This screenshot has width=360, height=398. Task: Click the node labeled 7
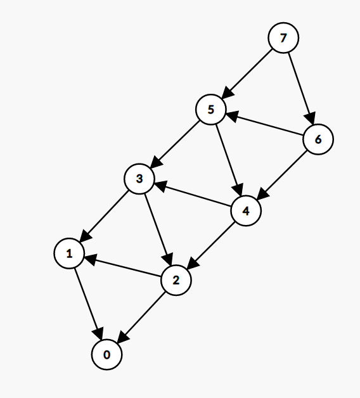pyautogui.click(x=283, y=38)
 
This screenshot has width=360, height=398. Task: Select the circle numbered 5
pyautogui.click(x=210, y=110)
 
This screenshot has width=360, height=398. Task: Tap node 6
pyautogui.click(x=318, y=139)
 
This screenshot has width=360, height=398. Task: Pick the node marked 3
pyautogui.click(x=139, y=179)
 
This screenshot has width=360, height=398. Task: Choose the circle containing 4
pyautogui.click(x=246, y=210)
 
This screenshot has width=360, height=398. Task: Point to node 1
pyautogui.click(x=69, y=253)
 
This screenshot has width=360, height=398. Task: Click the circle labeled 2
pyautogui.click(x=176, y=280)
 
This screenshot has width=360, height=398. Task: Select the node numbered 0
pyautogui.click(x=107, y=354)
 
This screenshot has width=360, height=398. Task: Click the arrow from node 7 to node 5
pyautogui.click(x=247, y=74)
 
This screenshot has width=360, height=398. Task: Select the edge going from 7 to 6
pyautogui.click(x=301, y=88)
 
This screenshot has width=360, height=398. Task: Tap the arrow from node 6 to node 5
pyautogui.click(x=264, y=124)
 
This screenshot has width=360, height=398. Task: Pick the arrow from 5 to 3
pyautogui.click(x=175, y=144)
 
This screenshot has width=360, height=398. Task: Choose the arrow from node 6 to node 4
pyautogui.click(x=282, y=175)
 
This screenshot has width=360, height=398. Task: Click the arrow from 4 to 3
pyautogui.click(x=193, y=195)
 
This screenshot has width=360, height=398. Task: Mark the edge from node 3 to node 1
pyautogui.click(x=105, y=216)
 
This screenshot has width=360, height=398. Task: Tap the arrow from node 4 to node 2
pyautogui.click(x=211, y=245)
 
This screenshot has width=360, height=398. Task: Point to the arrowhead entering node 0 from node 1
pyautogui.click(x=99, y=333)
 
